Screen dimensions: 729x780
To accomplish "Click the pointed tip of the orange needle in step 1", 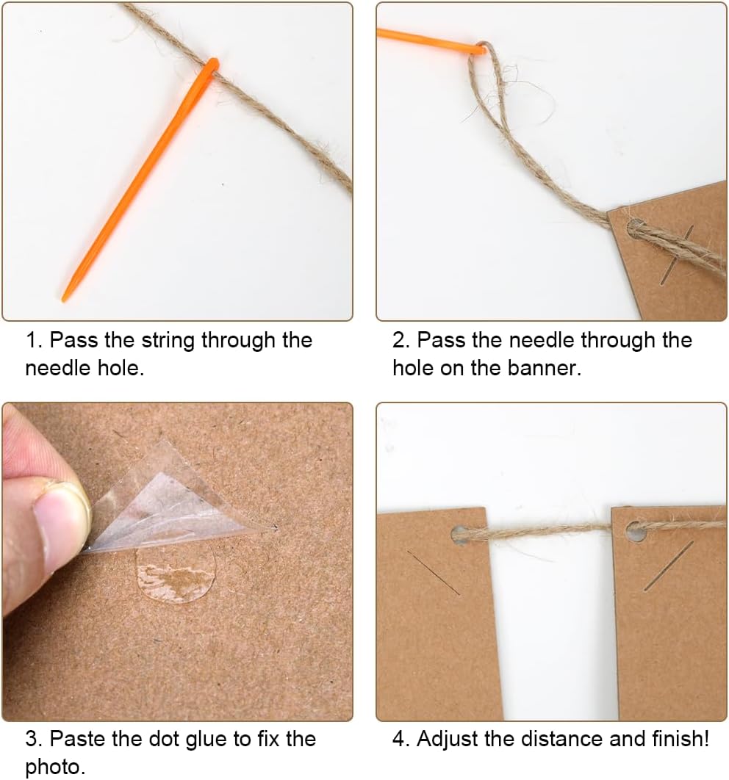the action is pos(63,300).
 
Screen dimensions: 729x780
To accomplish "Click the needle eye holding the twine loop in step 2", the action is pos(480,48).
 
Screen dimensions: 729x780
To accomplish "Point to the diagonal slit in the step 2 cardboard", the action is pos(676,255).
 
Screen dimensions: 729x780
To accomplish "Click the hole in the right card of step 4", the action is pos(636,532).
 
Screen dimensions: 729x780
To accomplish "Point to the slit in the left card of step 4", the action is pos(433,573).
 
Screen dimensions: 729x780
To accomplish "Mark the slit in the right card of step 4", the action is pos(668,566).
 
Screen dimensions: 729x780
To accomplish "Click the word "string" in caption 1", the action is pos(168,342).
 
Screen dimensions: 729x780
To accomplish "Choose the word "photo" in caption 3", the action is pos(54,768).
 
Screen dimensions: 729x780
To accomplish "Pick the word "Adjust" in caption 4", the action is pos(448,740).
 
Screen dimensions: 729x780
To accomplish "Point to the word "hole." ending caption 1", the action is pos(121,368).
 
